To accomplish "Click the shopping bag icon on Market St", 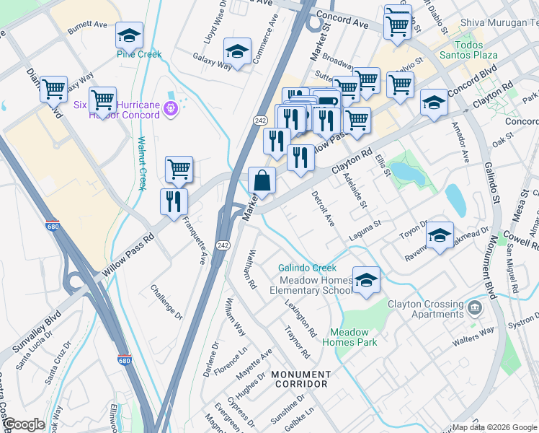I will tap(262, 180).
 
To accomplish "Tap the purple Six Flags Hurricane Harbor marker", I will tap(170, 109).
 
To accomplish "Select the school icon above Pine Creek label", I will tap(129, 35).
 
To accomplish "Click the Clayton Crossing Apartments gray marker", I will tap(474, 309).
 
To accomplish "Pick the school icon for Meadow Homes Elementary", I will tap(366, 279).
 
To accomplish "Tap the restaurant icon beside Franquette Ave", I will tap(174, 201).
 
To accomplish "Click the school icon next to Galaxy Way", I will tap(237, 51).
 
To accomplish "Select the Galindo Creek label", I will tap(308, 268).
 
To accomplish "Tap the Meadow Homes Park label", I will tap(353, 338).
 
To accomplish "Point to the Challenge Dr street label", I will tap(166, 302).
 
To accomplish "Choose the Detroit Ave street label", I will tap(323, 209).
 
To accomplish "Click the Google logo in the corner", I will tap(23, 424).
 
